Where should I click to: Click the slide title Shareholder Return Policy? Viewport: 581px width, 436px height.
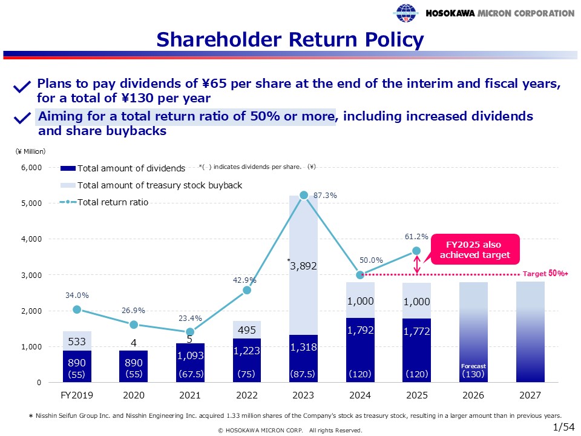click(290, 40)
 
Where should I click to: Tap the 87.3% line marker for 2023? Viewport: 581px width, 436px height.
click(304, 195)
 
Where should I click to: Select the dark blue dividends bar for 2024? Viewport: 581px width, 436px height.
click(360, 349)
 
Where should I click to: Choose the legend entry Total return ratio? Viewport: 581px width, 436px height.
click(113, 202)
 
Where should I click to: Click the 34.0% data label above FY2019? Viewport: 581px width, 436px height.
click(77, 296)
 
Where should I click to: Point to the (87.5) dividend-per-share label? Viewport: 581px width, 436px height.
click(304, 374)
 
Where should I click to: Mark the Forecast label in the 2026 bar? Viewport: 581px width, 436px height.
click(474, 366)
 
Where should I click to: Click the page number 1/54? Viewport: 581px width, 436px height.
click(564, 427)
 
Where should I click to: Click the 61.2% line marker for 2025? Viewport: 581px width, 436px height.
click(416, 251)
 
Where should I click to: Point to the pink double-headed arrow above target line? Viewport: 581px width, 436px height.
click(416, 264)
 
